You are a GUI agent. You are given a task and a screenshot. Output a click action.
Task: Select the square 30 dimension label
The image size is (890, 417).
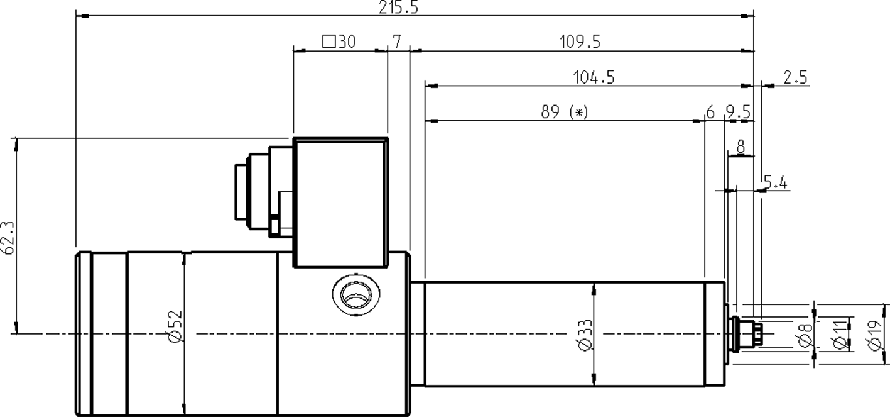(339, 42)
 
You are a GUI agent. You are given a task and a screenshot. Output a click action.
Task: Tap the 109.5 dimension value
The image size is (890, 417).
(580, 42)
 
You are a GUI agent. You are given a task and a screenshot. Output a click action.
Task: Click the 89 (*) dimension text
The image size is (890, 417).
(565, 112)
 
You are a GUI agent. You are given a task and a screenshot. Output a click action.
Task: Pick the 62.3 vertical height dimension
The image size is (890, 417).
(8, 237)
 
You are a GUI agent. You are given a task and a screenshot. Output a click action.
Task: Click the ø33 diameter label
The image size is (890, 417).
(584, 336)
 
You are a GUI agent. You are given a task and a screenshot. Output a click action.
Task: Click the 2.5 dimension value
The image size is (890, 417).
(795, 77)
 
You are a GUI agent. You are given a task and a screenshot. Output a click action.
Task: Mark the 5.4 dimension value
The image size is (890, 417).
(775, 182)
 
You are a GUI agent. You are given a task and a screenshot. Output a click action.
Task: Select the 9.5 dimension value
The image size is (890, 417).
(738, 112)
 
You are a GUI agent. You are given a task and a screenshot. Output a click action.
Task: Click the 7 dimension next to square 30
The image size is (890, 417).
(397, 42)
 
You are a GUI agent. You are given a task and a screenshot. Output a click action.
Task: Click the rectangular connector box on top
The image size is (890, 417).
(340, 201)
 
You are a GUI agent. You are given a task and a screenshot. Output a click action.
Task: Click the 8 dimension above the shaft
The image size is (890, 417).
(741, 147)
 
